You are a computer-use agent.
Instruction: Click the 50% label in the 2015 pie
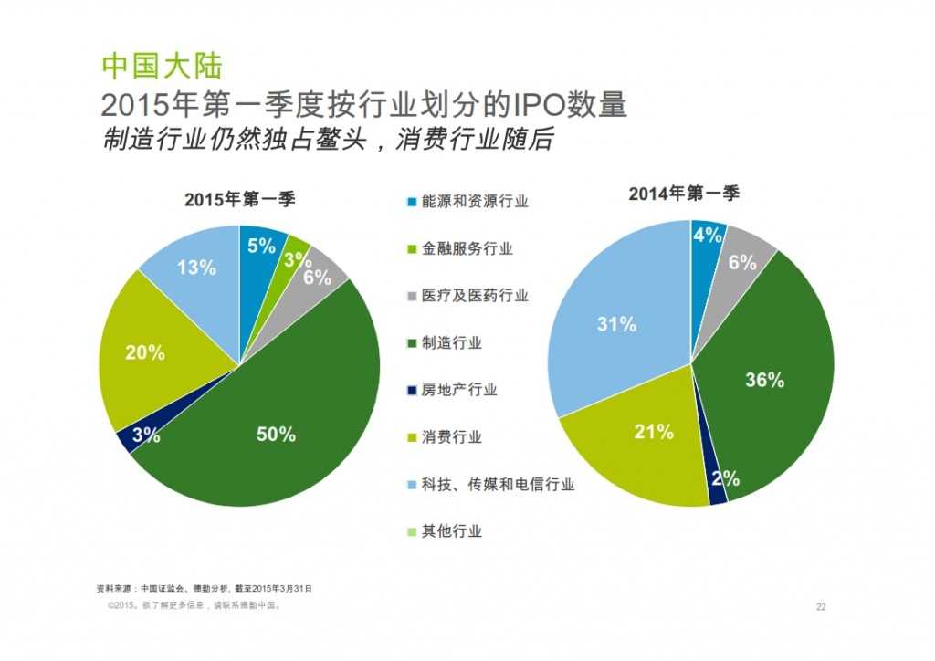click(276, 435)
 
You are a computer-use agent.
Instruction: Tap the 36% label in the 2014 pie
click(764, 381)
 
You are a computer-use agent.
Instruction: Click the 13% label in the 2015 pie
click(196, 268)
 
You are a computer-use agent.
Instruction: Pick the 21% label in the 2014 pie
click(654, 432)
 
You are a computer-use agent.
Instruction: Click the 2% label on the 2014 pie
click(725, 478)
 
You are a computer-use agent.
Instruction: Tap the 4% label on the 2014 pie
click(708, 236)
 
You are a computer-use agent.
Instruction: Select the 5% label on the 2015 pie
click(261, 246)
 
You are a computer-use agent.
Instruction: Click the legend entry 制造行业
click(451, 343)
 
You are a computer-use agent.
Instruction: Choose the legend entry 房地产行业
click(458, 390)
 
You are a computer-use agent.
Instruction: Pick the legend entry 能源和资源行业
click(473, 202)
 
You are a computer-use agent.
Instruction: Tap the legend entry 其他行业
click(451, 531)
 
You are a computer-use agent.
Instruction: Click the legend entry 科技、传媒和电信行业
click(497, 485)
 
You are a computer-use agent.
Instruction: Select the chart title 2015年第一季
click(240, 200)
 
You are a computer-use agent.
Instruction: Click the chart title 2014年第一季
click(684, 194)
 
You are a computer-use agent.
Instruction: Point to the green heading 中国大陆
click(162, 67)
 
